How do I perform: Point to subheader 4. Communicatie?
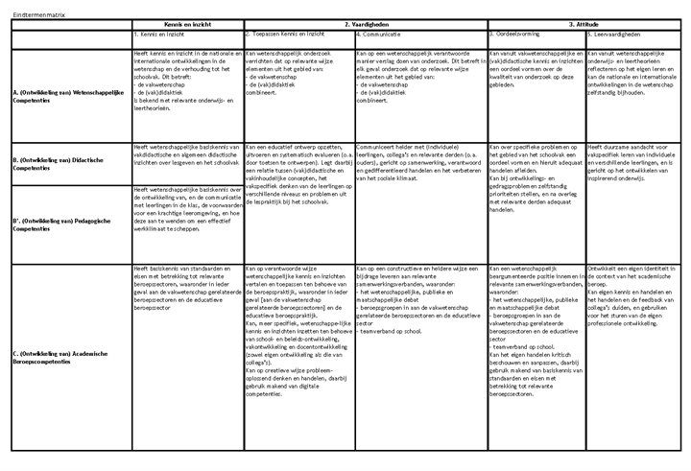380,34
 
